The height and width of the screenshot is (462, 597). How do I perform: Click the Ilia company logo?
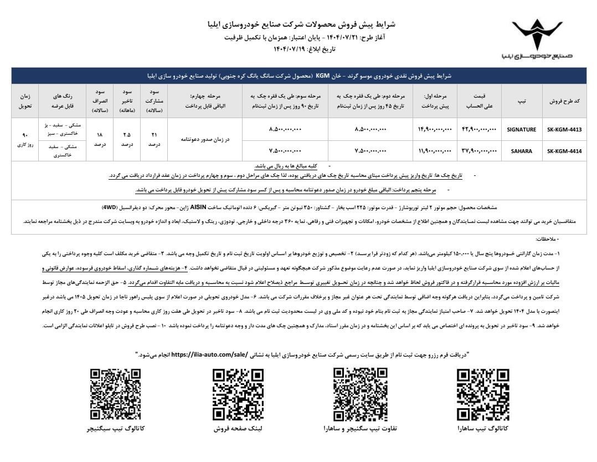[536, 38]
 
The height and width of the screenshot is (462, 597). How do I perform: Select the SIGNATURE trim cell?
[521, 129]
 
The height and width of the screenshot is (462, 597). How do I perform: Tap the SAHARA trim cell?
[521, 150]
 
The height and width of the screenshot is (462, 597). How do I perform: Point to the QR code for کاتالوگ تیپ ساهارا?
[482, 395]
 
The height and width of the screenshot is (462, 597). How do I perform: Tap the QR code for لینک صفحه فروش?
[238, 395]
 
